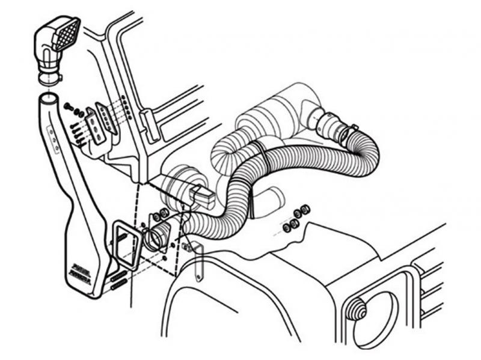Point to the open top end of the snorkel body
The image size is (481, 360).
(49, 97)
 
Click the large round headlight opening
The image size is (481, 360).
(375, 319)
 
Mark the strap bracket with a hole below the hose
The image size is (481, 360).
(199, 264)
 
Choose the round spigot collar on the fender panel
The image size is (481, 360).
(158, 237)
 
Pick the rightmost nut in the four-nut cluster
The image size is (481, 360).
(305, 210)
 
